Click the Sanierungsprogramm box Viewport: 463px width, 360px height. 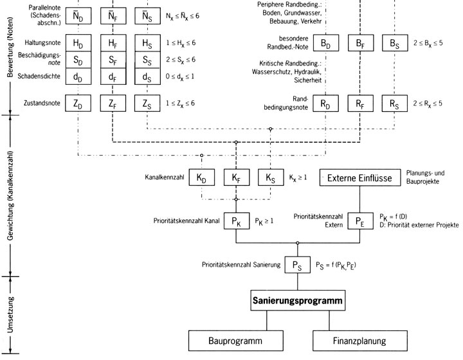[298, 300]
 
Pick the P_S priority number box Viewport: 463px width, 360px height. [297, 264]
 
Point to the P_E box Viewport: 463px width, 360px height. [359, 222]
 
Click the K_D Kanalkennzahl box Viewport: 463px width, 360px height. [202, 177]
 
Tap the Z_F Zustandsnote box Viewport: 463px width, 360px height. [113, 103]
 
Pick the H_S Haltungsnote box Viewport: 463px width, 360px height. [147, 44]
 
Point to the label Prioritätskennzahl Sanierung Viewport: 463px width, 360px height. [241, 264]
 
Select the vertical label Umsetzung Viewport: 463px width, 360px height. [10, 315]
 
